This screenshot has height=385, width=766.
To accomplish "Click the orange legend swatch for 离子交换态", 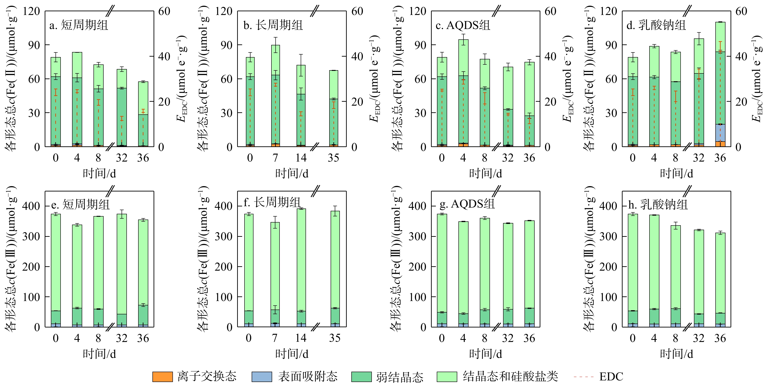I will point(162,377).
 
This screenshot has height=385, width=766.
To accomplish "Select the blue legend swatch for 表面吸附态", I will point(262,377).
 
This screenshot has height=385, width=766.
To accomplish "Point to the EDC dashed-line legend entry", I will point(598,377).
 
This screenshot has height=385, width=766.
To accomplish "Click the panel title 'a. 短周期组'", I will point(79,25).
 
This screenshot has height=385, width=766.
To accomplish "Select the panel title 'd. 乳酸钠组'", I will point(656,25).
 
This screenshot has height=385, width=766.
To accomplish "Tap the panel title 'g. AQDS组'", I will point(467,204).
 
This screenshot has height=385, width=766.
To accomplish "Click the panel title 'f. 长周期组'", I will point(272,203).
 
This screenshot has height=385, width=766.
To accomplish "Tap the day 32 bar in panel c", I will point(508,107).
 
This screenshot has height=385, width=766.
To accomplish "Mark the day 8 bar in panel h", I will point(676,276).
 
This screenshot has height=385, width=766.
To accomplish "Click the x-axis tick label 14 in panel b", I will point(301,158).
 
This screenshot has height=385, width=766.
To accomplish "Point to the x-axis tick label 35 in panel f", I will point(335,338).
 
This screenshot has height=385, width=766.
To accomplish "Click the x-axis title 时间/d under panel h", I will point(676,354).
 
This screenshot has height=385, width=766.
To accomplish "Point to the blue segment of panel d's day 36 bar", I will point(720,133).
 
